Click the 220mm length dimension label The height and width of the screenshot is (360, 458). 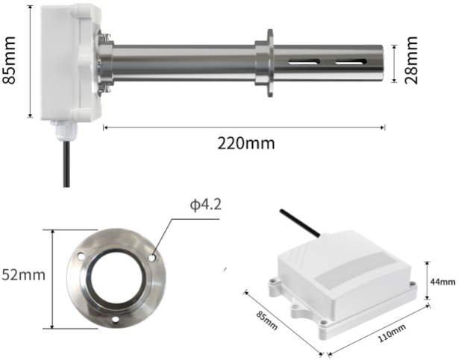[x=246, y=143]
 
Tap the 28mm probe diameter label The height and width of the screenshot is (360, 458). [x=411, y=60]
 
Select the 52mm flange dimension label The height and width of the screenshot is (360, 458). [x=23, y=275]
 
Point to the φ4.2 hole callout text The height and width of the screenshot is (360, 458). [x=206, y=205]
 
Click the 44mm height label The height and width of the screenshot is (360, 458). [x=442, y=282]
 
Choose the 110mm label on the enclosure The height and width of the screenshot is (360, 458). [x=392, y=333]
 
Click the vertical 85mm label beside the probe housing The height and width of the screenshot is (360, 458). [x=9, y=60]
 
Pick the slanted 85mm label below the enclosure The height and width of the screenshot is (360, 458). [x=267, y=320]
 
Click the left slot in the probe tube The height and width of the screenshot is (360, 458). [x=304, y=62]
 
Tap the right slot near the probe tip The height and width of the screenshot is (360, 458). [x=351, y=62]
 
